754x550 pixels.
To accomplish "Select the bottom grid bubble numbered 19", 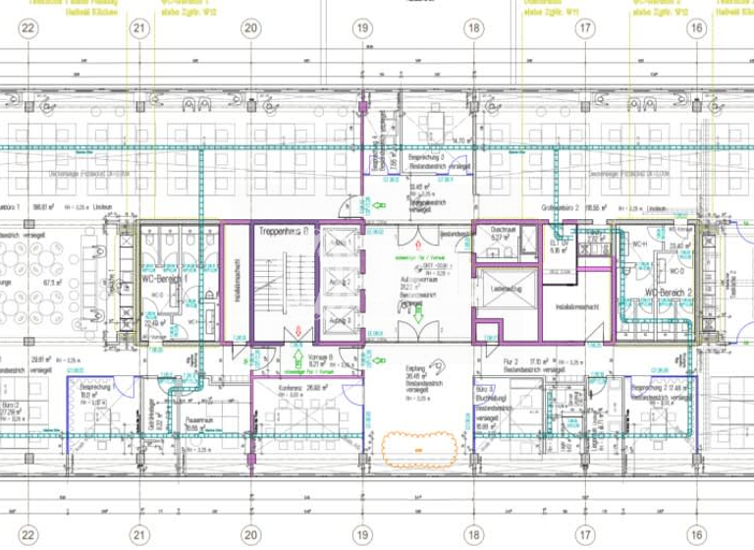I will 362,535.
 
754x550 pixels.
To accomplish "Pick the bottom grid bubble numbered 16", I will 696,535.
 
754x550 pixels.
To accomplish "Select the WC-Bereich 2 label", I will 671,294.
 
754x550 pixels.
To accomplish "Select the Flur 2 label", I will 512,362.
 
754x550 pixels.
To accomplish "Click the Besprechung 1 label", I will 96,388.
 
